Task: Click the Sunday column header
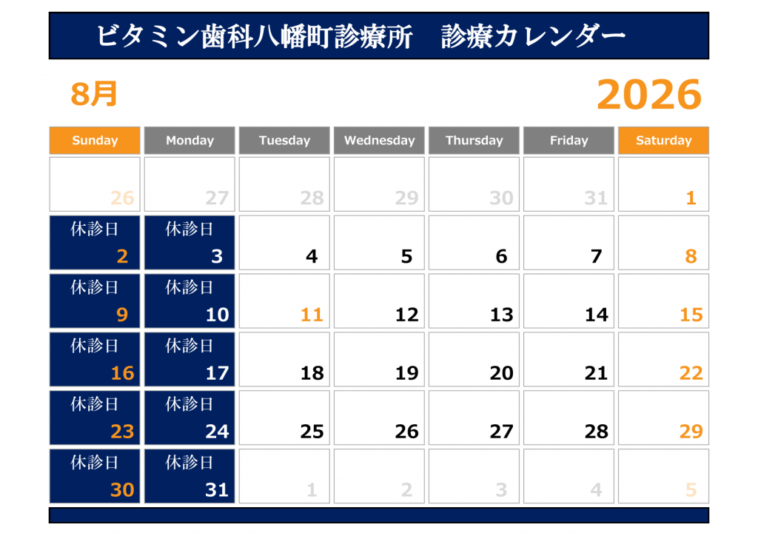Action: (95, 140)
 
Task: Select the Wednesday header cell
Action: (379, 140)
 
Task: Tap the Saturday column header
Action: (663, 140)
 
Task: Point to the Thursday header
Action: (474, 140)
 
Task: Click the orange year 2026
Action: (649, 94)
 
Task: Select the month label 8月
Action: (94, 94)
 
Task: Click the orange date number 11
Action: (312, 315)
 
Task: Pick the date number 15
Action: (691, 315)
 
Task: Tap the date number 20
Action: (501, 373)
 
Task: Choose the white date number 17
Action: (217, 373)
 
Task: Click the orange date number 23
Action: (122, 432)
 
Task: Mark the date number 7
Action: (597, 256)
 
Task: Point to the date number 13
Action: (501, 315)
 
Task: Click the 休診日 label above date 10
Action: (189, 287)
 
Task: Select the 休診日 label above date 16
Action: (95, 346)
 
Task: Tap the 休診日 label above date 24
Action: (189, 404)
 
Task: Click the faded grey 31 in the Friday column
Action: (596, 198)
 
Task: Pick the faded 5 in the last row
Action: (691, 490)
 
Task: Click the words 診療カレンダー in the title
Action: (534, 36)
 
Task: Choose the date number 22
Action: (691, 373)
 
